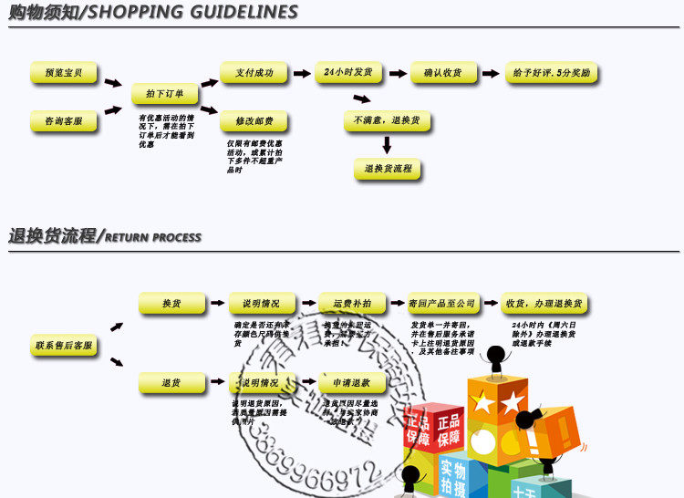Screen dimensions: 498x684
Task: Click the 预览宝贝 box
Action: (x=64, y=73)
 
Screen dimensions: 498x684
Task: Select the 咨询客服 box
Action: (x=64, y=120)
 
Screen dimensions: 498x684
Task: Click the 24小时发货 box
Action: (x=349, y=73)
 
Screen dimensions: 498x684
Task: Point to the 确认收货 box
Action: (x=443, y=73)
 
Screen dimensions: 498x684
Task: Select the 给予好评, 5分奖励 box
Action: (x=552, y=73)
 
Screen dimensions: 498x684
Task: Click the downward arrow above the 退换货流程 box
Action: (x=387, y=144)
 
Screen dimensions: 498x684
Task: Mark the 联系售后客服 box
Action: (x=64, y=346)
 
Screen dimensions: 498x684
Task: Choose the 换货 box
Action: (x=171, y=304)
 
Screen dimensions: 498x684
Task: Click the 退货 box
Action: (x=171, y=383)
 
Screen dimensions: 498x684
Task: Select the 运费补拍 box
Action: (x=352, y=304)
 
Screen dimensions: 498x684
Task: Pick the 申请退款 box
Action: (x=352, y=383)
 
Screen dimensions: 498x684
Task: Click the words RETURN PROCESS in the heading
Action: (x=152, y=237)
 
